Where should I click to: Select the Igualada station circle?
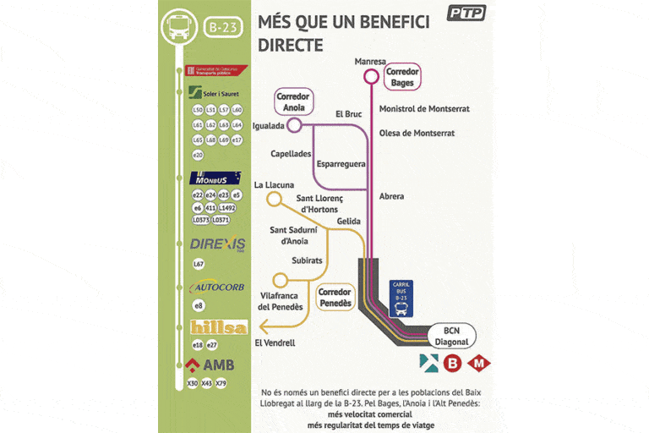coord(294,125)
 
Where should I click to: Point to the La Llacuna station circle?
coord(273,200)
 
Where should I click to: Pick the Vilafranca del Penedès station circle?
coord(280,280)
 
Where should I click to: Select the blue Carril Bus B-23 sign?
coord(401,298)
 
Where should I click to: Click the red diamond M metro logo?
coord(479,364)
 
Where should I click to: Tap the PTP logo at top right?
coord(466,13)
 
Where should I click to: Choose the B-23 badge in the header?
coord(223,27)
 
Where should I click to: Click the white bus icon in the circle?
coord(179,25)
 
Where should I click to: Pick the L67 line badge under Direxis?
coord(199,265)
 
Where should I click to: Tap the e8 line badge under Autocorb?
coord(199,305)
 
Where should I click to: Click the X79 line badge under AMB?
coord(221,383)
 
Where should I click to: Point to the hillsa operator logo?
coord(219,327)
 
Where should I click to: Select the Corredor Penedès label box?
coord(334,297)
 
